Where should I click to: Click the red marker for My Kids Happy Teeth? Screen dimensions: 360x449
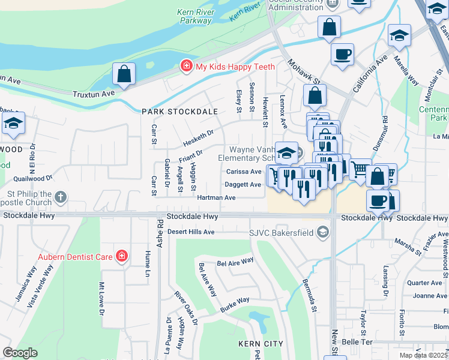187,66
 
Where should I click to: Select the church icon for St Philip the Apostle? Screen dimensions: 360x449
60,197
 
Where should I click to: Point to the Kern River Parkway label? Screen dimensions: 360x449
194,16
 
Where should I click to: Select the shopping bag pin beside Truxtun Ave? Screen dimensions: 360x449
124,75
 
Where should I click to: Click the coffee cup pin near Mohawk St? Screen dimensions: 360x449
342,54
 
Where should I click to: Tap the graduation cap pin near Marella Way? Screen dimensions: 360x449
399,35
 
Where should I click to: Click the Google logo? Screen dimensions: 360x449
20,352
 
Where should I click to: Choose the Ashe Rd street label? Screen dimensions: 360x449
160,231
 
